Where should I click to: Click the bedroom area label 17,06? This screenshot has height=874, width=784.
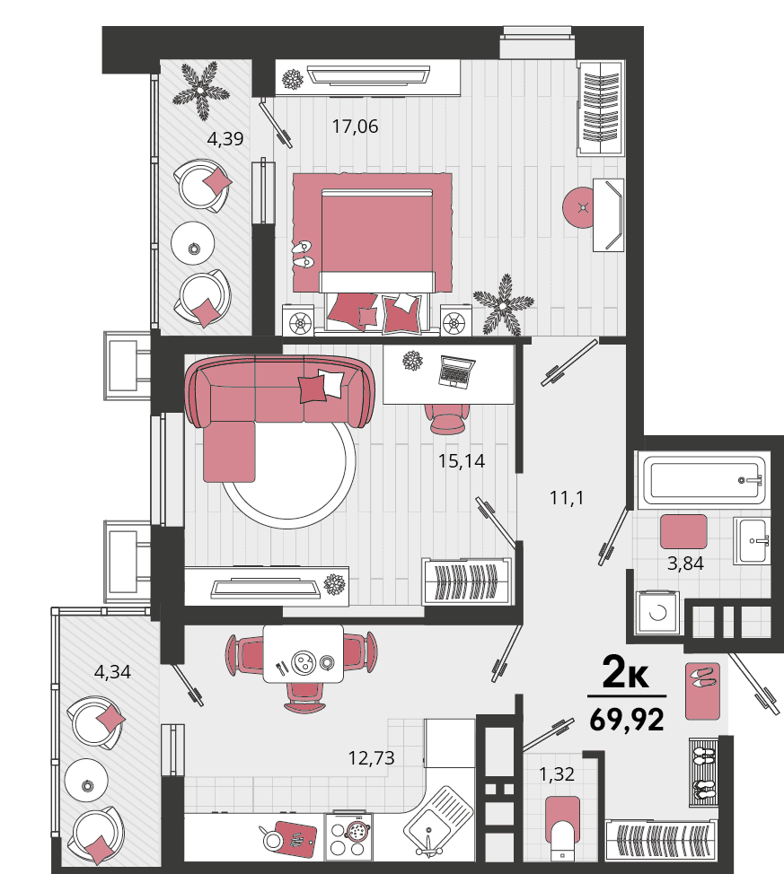pyautogui.click(x=355, y=127)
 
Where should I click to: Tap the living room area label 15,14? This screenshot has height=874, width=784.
pyautogui.click(x=462, y=461)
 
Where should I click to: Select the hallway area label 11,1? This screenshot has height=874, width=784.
pyautogui.click(x=567, y=497)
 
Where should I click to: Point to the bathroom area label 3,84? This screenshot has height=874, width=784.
pyautogui.click(x=685, y=564)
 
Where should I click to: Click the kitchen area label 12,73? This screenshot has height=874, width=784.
pyautogui.click(x=371, y=758)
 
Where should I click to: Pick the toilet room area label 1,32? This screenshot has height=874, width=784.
pyautogui.click(x=556, y=774)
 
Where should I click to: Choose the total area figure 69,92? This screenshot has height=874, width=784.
pyautogui.click(x=627, y=720)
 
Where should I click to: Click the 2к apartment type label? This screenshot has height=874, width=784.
pyautogui.click(x=626, y=673)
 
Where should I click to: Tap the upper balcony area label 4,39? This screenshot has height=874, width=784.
pyautogui.click(x=225, y=139)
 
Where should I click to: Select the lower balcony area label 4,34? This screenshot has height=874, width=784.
pyautogui.click(x=112, y=672)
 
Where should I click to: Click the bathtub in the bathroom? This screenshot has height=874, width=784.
pyautogui.click(x=705, y=480)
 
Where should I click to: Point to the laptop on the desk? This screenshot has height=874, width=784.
pyautogui.click(x=456, y=371)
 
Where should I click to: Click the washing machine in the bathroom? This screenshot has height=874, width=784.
pyautogui.click(x=657, y=612)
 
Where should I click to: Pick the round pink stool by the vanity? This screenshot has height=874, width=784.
pyautogui.click(x=581, y=207)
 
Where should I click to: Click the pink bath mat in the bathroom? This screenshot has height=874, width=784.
pyautogui.click(x=683, y=532)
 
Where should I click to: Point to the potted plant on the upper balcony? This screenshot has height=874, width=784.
pyautogui.click(x=200, y=89)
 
